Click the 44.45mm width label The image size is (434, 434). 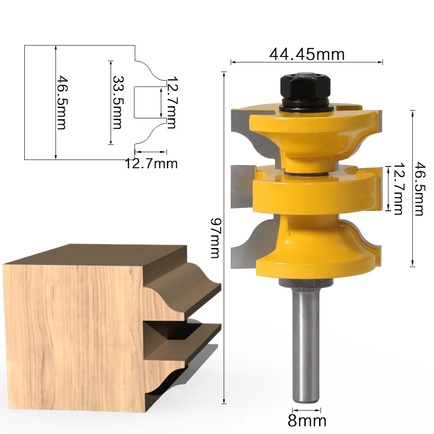point(307,54)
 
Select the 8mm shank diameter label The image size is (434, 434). point(307,421)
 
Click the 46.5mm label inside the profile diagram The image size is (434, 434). point(62,102)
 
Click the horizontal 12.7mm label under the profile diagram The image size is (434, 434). point(151,163)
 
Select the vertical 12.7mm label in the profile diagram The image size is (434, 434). point(171,102)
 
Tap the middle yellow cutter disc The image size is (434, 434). point(312,191)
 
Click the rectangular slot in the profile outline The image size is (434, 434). point(147,102)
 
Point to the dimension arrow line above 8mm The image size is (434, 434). point(307,409)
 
